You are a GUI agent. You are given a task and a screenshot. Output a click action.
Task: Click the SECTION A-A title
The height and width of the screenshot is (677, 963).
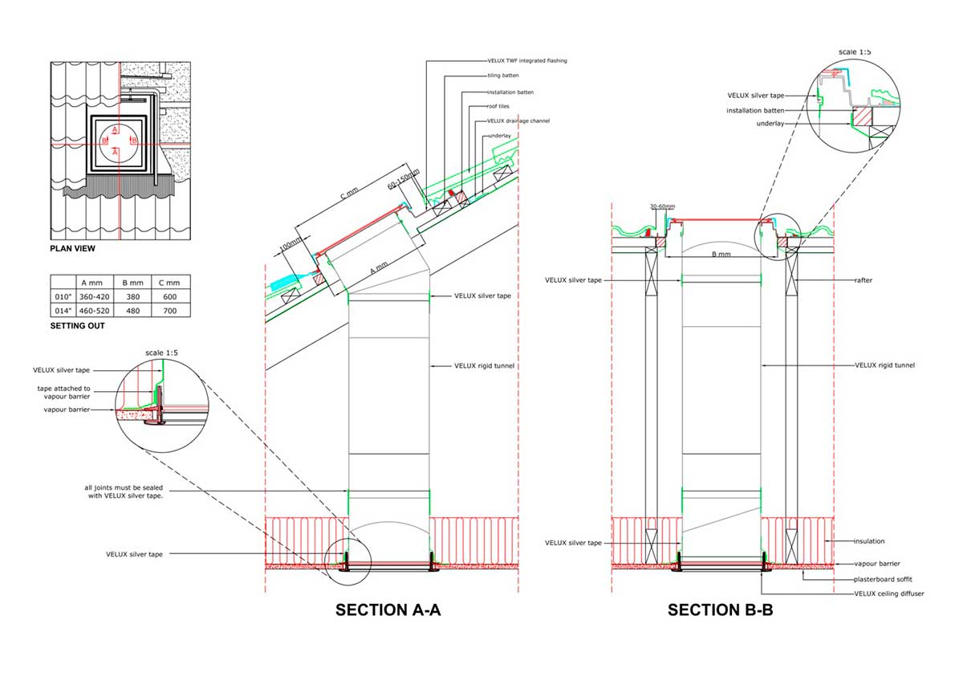[388, 610]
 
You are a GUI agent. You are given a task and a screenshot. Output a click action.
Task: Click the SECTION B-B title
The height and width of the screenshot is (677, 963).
[720, 610]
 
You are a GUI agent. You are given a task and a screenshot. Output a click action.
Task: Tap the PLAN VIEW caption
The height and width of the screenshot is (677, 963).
[73, 249]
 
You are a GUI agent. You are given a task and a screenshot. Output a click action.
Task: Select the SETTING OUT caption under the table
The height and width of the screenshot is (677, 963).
[77, 326]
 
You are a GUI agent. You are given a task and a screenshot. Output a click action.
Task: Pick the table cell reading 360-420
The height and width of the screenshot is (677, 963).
[94, 297]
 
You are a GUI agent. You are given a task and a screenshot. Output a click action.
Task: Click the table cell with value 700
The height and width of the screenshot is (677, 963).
[170, 311]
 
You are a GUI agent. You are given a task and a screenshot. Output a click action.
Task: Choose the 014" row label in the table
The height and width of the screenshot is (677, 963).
[63, 311]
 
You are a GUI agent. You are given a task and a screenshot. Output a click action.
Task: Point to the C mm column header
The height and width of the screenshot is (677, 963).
[169, 283]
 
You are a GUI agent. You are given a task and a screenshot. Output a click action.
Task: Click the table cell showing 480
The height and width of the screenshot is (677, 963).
[133, 311]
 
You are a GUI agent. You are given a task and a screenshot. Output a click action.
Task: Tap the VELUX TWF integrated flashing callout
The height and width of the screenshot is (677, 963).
[527, 61]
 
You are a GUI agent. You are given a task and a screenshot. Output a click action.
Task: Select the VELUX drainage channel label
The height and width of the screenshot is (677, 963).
[518, 120]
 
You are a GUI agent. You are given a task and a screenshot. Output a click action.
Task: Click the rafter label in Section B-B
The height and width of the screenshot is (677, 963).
[863, 280]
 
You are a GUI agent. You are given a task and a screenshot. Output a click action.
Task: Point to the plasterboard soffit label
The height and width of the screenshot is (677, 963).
[883, 579]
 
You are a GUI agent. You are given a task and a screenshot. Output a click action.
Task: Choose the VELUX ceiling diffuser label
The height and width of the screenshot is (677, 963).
[888, 593]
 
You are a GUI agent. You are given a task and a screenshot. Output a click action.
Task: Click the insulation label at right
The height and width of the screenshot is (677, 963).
[869, 541]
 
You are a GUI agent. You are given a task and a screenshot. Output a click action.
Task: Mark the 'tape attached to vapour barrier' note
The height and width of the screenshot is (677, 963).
[63, 392]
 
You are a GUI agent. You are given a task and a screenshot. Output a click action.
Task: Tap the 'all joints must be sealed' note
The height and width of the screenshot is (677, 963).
[124, 491]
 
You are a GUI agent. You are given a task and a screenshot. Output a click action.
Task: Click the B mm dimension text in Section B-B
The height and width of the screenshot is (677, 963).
[721, 255]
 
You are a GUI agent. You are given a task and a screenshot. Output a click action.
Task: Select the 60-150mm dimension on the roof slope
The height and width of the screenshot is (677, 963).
[403, 179]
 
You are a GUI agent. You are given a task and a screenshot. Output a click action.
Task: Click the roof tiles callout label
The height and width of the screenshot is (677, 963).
[498, 106]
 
